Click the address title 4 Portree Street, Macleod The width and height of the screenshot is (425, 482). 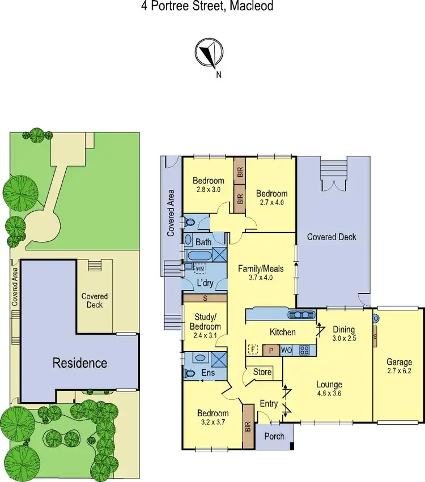click(x=206, y=7)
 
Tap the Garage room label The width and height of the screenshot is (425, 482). click(x=399, y=362)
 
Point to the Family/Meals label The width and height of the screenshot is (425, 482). click(x=261, y=268)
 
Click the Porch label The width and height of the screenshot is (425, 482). click(x=274, y=436)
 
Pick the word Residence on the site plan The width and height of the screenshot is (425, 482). click(x=80, y=362)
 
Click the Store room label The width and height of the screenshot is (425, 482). click(x=262, y=373)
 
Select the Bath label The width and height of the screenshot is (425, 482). click(x=203, y=242)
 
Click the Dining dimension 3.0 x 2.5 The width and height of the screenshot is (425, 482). click(x=344, y=339)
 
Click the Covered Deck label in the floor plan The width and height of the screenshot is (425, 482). click(x=332, y=237)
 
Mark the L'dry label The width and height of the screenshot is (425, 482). click(x=204, y=282)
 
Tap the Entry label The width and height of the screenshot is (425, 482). click(x=268, y=403)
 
